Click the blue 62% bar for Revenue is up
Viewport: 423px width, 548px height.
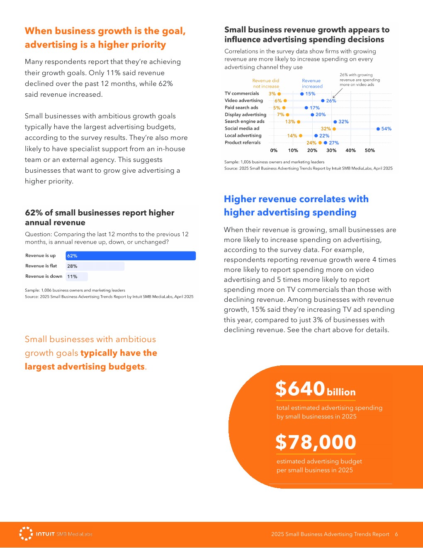coord(130,256)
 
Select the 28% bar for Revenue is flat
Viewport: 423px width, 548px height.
coord(95,266)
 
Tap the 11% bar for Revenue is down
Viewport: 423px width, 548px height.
coord(76,276)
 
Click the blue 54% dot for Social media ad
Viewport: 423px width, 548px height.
coord(378,129)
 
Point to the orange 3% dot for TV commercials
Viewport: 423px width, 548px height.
coord(279,94)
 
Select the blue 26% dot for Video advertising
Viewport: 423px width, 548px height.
coord(323,101)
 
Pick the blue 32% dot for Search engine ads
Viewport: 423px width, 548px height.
coord(335,122)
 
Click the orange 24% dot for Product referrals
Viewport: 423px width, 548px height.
coord(320,143)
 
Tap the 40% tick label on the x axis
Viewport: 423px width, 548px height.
coord(350,150)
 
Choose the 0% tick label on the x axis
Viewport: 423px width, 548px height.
coord(274,150)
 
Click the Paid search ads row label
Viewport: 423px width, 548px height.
coord(241,108)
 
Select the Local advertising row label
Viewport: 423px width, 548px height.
coord(243,135)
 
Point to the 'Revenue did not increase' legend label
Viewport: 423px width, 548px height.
coord(266,83)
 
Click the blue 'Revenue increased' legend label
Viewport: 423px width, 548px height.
coord(312,83)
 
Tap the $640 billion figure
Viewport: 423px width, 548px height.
coord(315,389)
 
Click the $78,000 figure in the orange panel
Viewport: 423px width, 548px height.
coord(316,442)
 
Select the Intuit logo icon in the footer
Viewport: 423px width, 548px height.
coord(26,533)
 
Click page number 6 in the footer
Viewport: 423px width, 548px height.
coord(396,534)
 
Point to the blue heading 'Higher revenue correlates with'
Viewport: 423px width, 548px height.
coord(296,199)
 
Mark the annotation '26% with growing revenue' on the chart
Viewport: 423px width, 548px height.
coord(359,80)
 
